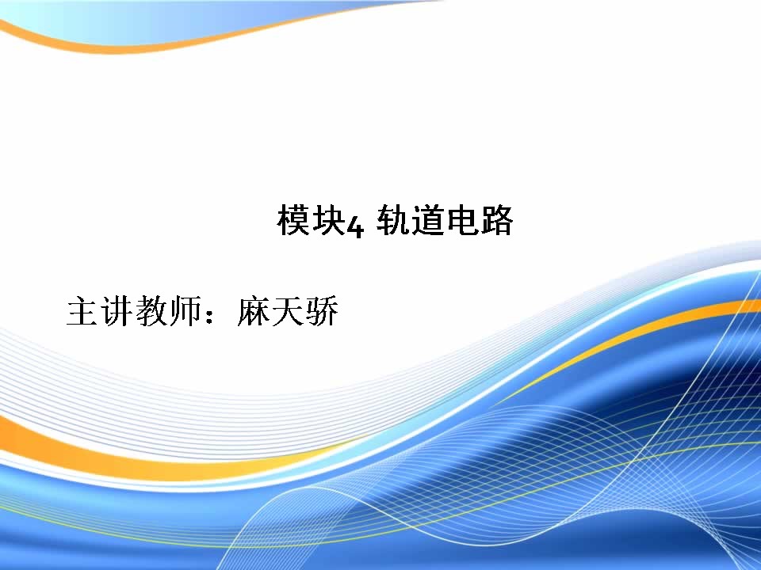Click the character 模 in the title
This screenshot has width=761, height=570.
pos(293,221)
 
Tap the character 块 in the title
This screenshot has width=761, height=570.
pos(327,221)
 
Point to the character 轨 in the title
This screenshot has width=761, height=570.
pos(392,221)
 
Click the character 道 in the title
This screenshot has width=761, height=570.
pos(427,221)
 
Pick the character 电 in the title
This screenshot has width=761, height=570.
pos(462,221)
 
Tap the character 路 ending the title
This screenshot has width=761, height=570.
pos(496,221)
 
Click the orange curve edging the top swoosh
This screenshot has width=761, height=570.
pos(146,46)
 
